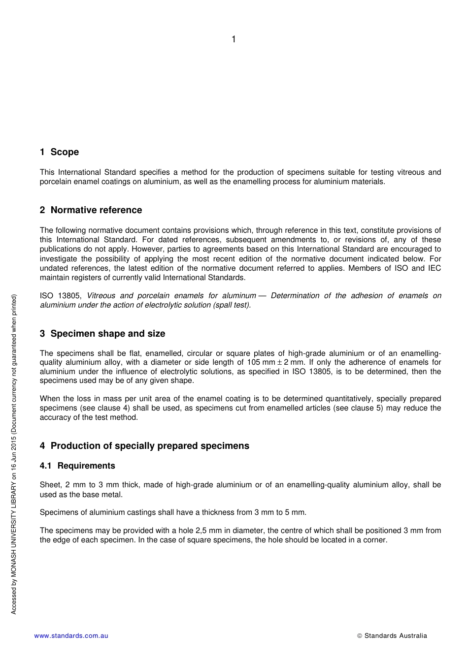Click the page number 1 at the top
tap(234, 39)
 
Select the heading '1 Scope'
tap(59, 152)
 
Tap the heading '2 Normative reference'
tap(91, 210)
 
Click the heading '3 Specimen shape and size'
tap(102, 334)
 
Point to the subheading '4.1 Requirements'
tap(77, 466)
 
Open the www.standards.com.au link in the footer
tap(71, 636)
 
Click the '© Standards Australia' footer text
tap(392, 636)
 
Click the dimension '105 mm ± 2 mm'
tap(276, 363)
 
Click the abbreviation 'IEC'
tap(434, 268)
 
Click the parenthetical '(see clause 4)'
tap(104, 408)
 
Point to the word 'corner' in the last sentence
tap(375, 540)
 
